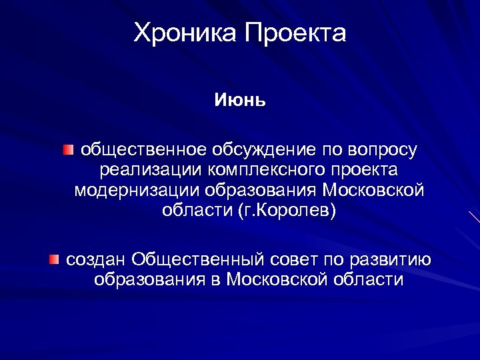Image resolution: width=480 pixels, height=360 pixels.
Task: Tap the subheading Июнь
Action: (240, 101)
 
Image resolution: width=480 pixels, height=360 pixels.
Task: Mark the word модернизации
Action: (137, 191)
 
